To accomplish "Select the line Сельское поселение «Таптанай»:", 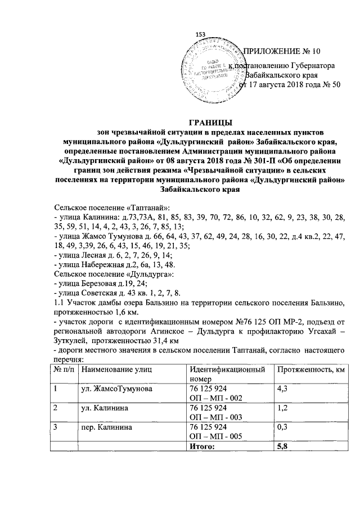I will tap(103, 208).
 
